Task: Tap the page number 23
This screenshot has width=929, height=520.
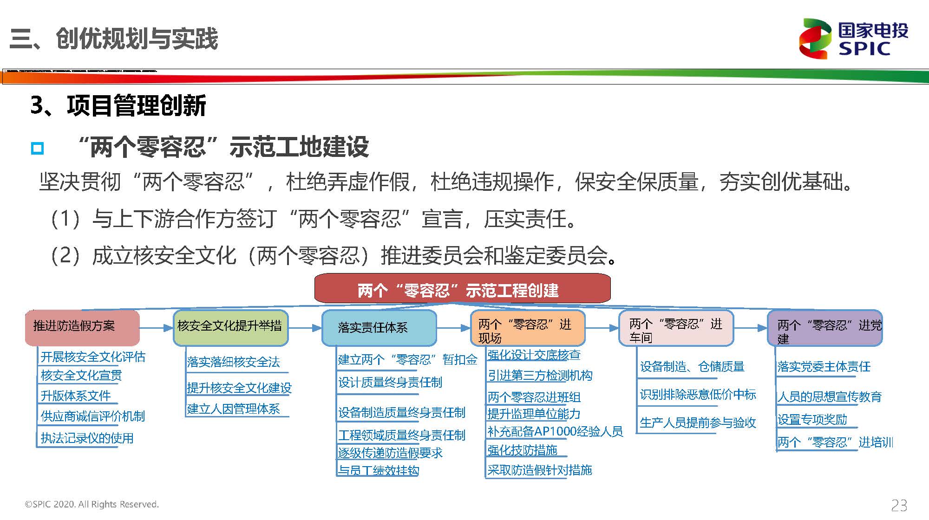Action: (899, 505)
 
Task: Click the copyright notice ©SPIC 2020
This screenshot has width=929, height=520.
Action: (92, 504)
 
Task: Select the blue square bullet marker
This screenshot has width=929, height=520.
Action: (37, 148)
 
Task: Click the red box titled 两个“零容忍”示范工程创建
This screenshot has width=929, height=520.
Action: (463, 288)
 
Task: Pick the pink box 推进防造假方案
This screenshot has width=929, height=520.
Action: (82, 328)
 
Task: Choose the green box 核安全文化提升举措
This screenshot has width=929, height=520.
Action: (231, 328)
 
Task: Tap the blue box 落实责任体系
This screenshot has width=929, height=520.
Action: (379, 328)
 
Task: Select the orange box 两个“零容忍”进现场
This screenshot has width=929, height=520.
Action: (528, 328)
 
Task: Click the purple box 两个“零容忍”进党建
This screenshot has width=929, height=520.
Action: (824, 328)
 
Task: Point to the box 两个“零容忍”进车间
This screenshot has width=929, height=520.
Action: (676, 328)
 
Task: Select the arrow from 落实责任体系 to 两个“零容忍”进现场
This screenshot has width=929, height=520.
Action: (453, 328)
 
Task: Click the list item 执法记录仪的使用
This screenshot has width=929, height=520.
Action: (87, 438)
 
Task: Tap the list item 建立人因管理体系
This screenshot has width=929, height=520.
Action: (233, 409)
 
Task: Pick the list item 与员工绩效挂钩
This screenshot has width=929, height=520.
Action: (379, 470)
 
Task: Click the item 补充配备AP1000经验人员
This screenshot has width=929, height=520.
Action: (555, 431)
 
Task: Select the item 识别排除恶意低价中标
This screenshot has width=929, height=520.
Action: (698, 394)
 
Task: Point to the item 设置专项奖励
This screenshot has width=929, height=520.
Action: (812, 419)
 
